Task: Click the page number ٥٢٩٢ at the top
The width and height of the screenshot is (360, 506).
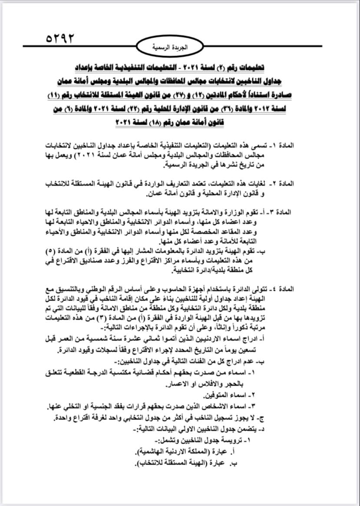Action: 60,38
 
